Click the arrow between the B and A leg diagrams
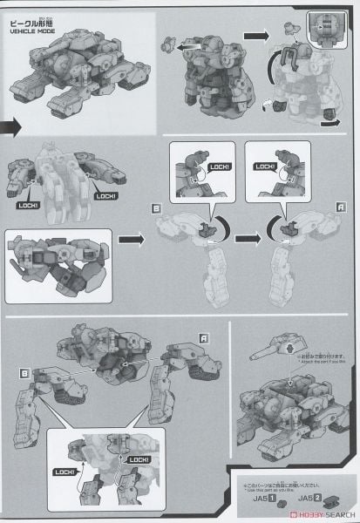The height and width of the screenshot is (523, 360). pyautogui.click(x=245, y=235)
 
